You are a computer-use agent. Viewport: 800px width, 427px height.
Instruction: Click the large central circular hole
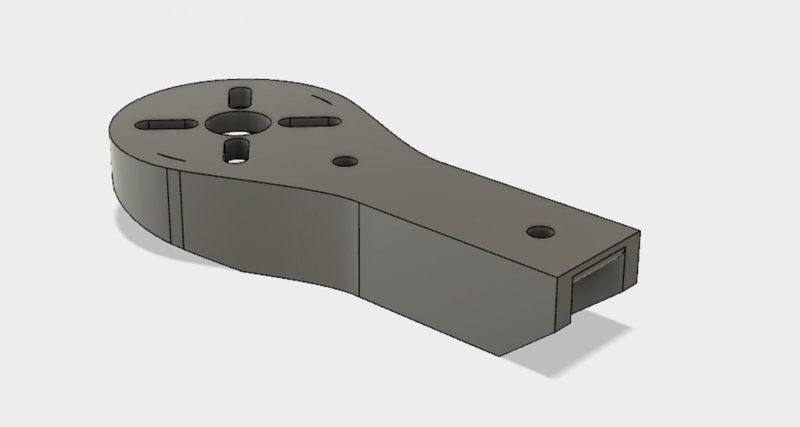point(238,123)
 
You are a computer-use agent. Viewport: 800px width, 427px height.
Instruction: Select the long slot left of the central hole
point(166,125)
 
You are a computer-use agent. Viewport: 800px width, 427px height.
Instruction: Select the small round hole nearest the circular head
point(346,160)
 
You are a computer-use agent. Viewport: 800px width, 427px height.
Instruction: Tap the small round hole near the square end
point(540,232)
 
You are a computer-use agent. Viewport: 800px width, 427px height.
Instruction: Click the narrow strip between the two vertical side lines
point(174,208)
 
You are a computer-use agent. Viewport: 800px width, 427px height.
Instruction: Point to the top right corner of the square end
point(640,232)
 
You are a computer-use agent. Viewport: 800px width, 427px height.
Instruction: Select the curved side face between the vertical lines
point(265,229)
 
